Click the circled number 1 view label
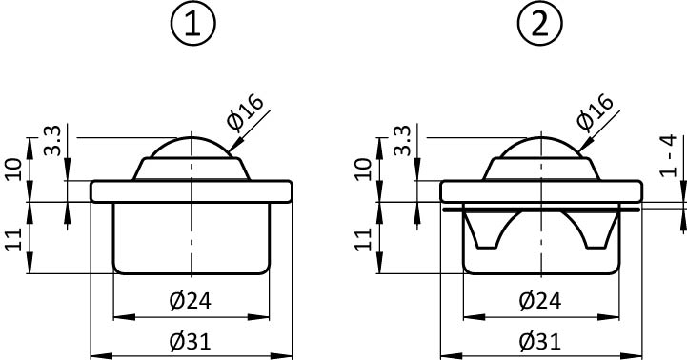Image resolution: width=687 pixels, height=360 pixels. (192, 23)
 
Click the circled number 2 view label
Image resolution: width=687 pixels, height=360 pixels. (539, 23)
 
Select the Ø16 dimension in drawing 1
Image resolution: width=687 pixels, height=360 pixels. (246, 112)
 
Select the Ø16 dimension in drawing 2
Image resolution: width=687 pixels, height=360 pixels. (596, 112)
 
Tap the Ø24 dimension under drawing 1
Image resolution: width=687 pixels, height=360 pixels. (191, 301)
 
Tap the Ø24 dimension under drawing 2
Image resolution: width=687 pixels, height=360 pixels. (539, 301)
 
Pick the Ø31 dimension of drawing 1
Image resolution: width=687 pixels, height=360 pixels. (191, 341)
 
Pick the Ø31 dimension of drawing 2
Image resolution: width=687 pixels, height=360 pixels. (539, 341)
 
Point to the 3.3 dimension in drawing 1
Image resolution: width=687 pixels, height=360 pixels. (52, 140)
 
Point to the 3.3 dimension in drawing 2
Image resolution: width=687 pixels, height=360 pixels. (402, 140)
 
